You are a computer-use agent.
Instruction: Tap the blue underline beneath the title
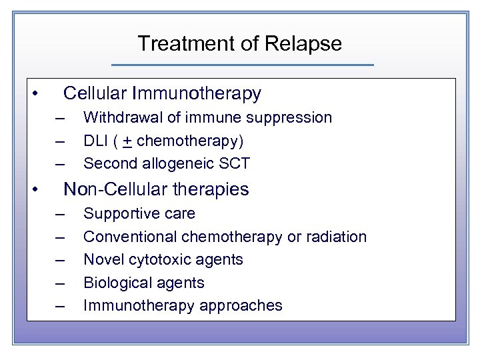242,65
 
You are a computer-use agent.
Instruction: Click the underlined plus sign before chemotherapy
125,141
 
